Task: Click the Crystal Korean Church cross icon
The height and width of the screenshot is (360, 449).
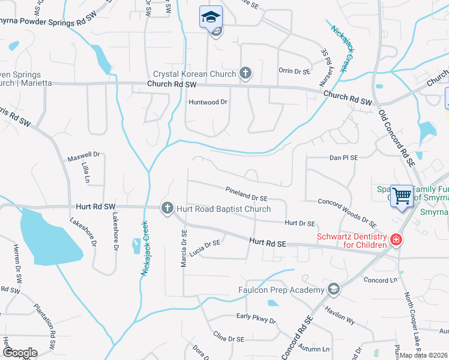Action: click(x=245, y=74)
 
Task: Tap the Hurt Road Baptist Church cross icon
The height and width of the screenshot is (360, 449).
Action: click(x=167, y=208)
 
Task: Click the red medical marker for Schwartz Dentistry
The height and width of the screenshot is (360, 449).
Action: click(x=395, y=240)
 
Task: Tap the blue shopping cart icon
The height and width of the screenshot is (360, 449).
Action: click(x=402, y=196)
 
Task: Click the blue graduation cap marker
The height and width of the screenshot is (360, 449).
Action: click(x=211, y=17)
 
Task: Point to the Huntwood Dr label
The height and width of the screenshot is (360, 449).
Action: click(x=208, y=102)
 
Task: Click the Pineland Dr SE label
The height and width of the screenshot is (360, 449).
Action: click(x=246, y=194)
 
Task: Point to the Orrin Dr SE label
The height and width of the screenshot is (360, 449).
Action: click(x=294, y=71)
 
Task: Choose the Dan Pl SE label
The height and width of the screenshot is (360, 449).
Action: click(x=343, y=158)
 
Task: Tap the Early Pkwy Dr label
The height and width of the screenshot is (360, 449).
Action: click(x=256, y=319)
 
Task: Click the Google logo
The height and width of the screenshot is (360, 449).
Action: click(x=20, y=353)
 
